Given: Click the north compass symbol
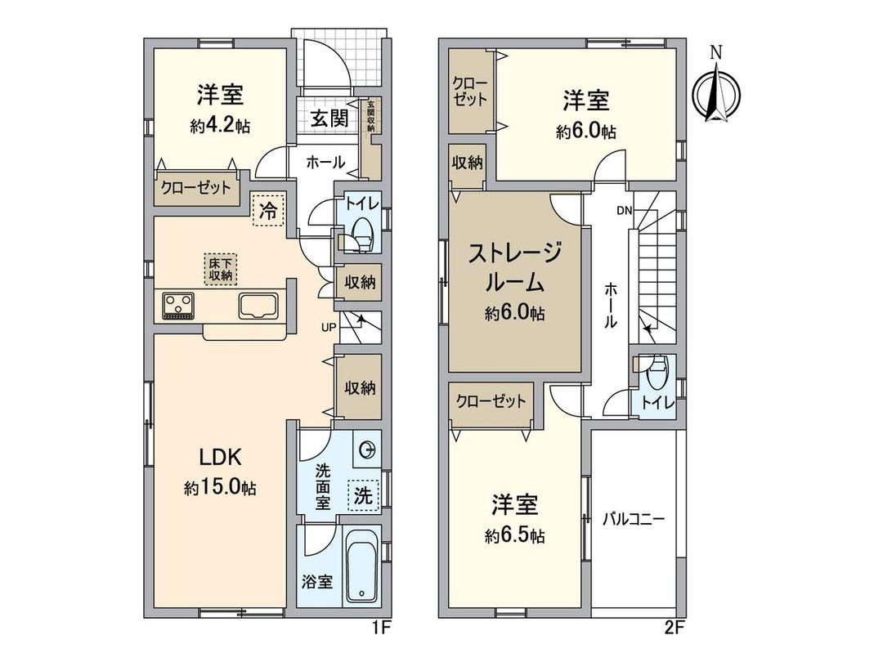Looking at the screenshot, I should pyautogui.click(x=716, y=91).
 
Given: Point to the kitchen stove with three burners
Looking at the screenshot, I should pyautogui.click(x=178, y=306).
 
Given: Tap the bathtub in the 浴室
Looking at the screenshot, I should pyautogui.click(x=361, y=566).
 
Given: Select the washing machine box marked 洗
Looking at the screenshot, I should pyautogui.click(x=362, y=494).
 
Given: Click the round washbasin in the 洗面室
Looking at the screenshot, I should pyautogui.click(x=368, y=449).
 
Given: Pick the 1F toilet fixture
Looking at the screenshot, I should pyautogui.click(x=360, y=235).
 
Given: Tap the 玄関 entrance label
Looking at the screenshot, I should pyautogui.click(x=329, y=118).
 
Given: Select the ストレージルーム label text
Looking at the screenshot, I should pyautogui.click(x=514, y=268).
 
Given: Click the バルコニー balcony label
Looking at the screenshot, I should pyautogui.click(x=634, y=518).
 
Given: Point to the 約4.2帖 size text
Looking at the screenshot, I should pyautogui.click(x=221, y=127).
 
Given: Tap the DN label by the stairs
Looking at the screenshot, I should pyautogui.click(x=625, y=210).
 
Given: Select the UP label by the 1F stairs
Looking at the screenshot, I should pyautogui.click(x=328, y=328).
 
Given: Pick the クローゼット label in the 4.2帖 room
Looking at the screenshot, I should pyautogui.click(x=195, y=188).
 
